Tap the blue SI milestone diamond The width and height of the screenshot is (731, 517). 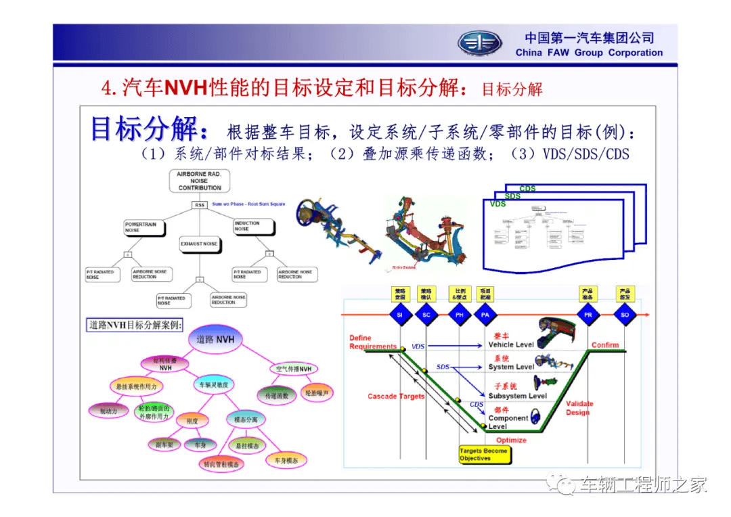tap(399, 315)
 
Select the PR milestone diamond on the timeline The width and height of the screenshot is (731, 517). tap(587, 315)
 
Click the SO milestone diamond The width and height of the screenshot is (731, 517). tap(625, 315)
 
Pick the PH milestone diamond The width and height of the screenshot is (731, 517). tap(460, 315)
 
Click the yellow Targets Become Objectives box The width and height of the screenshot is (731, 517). tap(483, 454)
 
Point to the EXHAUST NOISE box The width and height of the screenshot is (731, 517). tap(200, 244)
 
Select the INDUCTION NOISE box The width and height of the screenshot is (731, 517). tap(255, 227)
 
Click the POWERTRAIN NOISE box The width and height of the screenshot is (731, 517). tap(144, 227)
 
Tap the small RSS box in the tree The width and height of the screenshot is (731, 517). tap(200, 204)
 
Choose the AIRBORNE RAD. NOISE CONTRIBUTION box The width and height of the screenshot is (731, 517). tap(200, 181)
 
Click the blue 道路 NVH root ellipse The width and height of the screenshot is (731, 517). tap(215, 339)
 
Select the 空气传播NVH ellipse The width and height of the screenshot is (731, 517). tap(294, 369)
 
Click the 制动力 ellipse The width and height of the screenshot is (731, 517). tap(108, 410)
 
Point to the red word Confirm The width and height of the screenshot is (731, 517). tap(605, 344)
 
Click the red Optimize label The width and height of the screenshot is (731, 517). tap(511, 440)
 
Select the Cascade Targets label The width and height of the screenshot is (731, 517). tap(396, 396)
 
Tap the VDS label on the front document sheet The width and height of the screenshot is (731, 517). tap(498, 204)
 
